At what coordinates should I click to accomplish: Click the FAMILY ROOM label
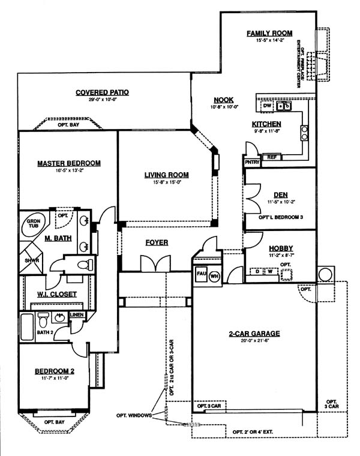click(269, 33)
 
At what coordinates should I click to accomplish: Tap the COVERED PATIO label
click(103, 92)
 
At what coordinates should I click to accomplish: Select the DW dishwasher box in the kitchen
click(267, 106)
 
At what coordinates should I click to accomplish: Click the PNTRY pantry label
click(251, 162)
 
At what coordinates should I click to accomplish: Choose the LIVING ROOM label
click(166, 175)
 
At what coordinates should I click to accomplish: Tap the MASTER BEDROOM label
click(68, 163)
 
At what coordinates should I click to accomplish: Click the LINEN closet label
click(77, 314)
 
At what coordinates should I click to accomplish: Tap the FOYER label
click(157, 242)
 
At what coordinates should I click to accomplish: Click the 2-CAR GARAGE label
click(255, 334)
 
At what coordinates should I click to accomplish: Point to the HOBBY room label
click(280, 248)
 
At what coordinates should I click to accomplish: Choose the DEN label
click(280, 194)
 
